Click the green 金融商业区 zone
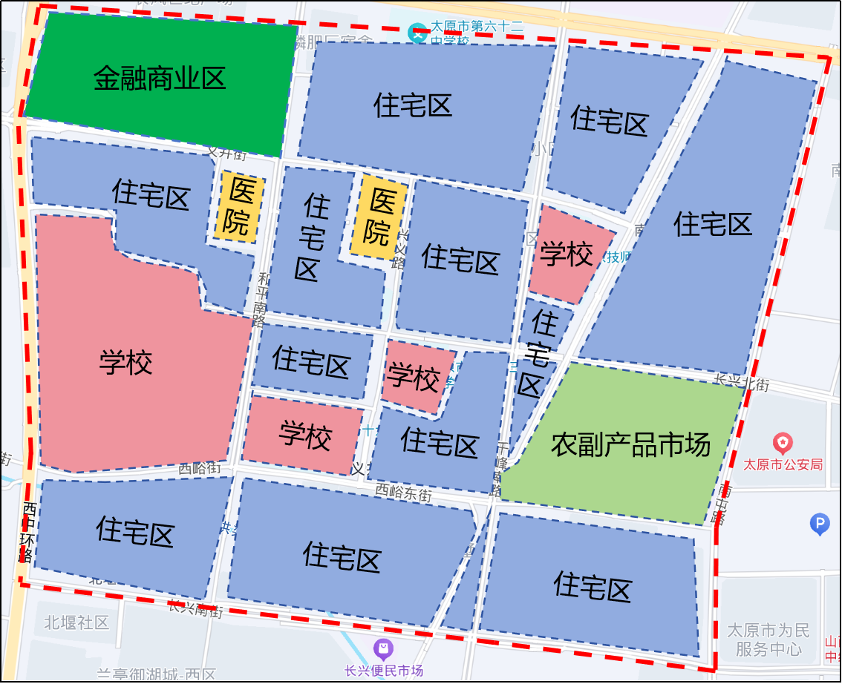click(x=160, y=78)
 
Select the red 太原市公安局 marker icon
click(x=783, y=444)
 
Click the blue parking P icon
click(x=819, y=525)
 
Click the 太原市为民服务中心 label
click(x=768, y=639)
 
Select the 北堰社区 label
click(x=76, y=622)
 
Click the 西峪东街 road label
click(x=403, y=492)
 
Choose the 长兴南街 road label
click(x=195, y=610)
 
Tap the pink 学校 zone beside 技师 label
click(x=566, y=254)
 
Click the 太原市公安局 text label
click(x=783, y=465)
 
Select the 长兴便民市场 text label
click(x=383, y=671)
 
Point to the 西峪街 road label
click(x=200, y=469)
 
